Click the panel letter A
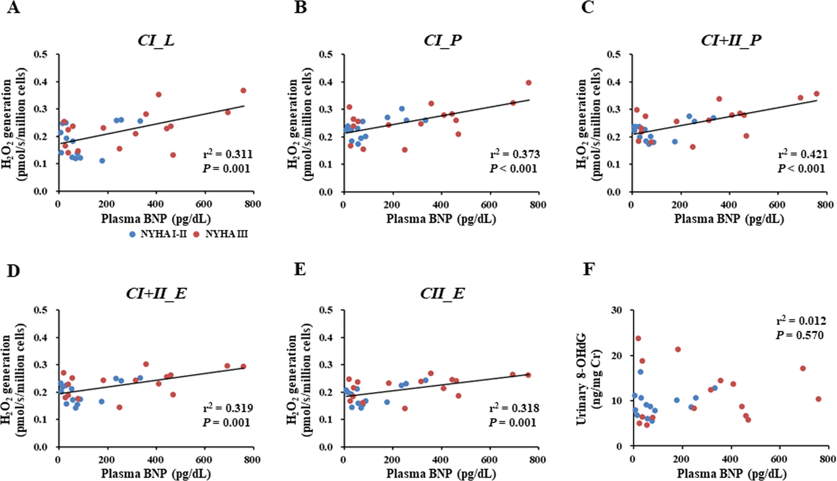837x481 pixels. coord(13,8)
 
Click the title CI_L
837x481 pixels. coord(156,40)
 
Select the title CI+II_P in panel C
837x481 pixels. coord(731,40)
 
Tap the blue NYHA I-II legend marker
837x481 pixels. coord(132,234)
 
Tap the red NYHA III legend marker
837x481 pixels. coord(197,234)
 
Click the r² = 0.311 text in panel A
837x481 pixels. coord(228,154)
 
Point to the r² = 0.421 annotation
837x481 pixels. coord(802,154)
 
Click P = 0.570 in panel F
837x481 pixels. coord(799,335)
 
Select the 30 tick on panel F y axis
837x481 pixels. coord(616,310)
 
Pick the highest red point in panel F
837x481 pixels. coord(638,338)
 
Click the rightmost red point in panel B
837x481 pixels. coord(528,83)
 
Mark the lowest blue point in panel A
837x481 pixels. coord(102,161)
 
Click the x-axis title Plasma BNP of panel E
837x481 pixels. coord(441,473)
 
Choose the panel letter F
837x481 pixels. coord(588,269)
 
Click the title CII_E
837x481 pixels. coord(442,294)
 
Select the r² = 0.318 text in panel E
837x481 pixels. coord(514,408)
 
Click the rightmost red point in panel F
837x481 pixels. coord(818,399)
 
